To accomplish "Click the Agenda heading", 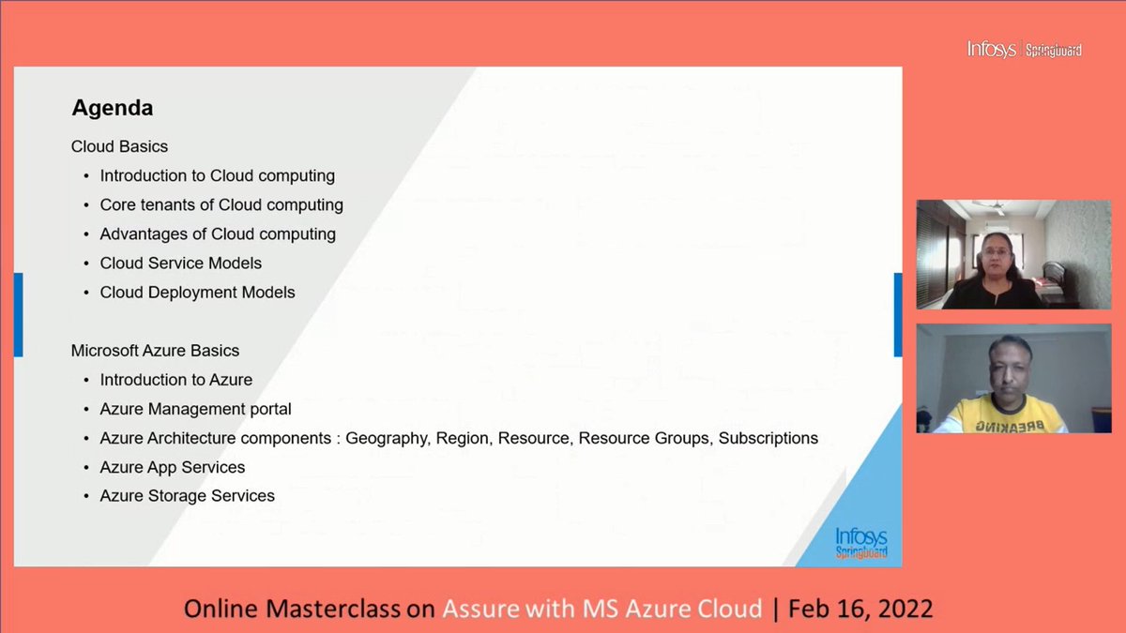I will coord(112,108).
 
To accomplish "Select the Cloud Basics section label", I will coord(119,146).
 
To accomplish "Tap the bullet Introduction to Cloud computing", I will coord(217,175).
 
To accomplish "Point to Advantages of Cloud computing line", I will coord(218,234).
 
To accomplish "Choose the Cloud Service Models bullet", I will coord(180,263).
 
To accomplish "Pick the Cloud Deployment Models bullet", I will coord(197,292).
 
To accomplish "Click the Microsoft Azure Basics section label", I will coord(155,351).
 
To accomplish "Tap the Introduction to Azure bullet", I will coord(175,380).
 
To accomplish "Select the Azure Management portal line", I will coord(195,409).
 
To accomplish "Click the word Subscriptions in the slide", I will coord(768,438).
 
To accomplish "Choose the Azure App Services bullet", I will coord(172,467).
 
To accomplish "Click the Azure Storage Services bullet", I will coord(187,496).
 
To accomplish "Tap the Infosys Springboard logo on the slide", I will coord(860,543).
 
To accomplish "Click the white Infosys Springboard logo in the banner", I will coord(1024,49).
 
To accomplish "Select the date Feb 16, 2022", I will coord(860,609).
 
